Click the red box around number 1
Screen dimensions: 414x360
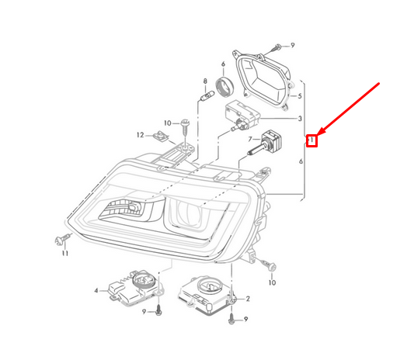(x=311, y=141)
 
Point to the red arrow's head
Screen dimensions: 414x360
(x=320, y=133)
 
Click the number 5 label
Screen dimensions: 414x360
(x=299, y=96)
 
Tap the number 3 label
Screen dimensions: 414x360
(x=300, y=119)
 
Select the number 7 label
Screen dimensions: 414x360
(x=250, y=139)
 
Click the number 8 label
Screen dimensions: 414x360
(x=205, y=81)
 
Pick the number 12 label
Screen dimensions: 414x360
(x=140, y=135)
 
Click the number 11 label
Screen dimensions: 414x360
(x=65, y=253)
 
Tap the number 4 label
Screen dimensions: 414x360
(x=96, y=291)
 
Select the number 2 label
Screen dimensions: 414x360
(x=248, y=299)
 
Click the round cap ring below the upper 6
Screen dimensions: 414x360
(x=225, y=87)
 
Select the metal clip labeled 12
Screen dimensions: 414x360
(x=161, y=137)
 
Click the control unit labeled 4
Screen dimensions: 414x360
(x=136, y=289)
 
